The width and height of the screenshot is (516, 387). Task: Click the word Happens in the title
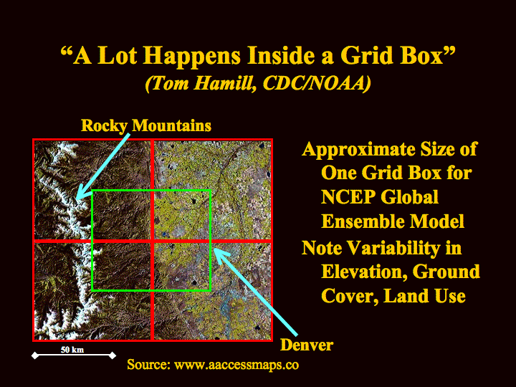pos(192,56)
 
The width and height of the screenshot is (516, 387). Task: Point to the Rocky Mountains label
pos(146,125)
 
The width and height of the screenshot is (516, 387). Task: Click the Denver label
pos(307,345)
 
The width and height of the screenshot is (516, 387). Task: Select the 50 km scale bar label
pos(72,350)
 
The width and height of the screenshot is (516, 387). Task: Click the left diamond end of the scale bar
pos(35,355)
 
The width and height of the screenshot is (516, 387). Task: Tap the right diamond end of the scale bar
pos(113,355)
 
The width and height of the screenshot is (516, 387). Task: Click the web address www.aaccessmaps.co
pos(236,365)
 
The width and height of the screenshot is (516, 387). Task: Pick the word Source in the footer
pos(148,364)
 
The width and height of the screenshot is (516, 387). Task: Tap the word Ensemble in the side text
pos(365,221)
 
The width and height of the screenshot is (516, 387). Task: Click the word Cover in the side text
pos(350,296)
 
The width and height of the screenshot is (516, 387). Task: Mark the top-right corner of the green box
pos(210,190)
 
